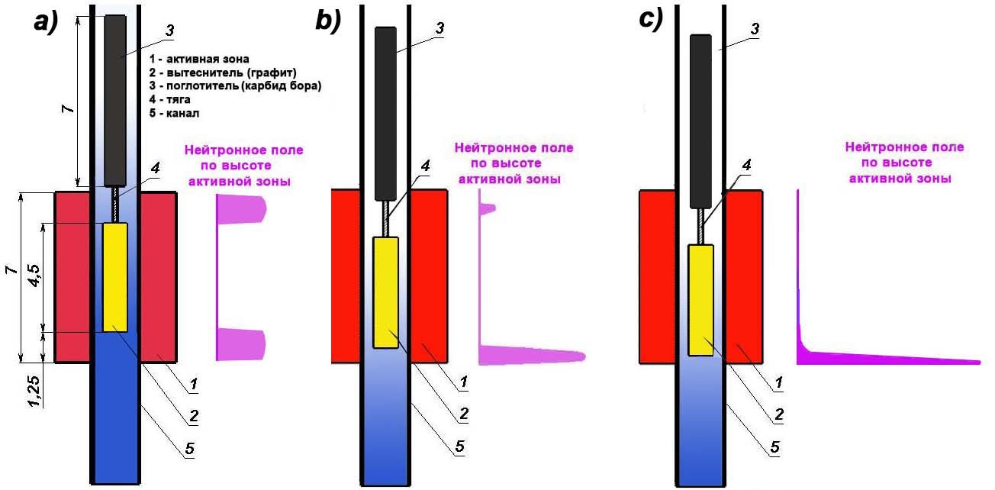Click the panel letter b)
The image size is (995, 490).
pyautogui.click(x=328, y=21)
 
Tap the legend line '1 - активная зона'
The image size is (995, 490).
pyautogui.click(x=199, y=59)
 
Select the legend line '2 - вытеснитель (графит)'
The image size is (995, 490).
pyautogui.click(x=223, y=73)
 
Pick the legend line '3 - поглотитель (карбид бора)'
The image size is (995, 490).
pyautogui.click(x=235, y=85)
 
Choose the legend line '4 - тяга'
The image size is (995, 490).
pyautogui.click(x=169, y=99)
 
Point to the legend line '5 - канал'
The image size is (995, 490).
pyautogui.click(x=174, y=113)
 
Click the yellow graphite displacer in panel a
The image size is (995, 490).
pyautogui.click(x=115, y=277)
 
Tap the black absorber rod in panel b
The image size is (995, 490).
pyautogui.click(x=385, y=114)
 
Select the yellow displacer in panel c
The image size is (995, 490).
pyautogui.click(x=701, y=300)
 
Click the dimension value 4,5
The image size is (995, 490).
pyautogui.click(x=34, y=276)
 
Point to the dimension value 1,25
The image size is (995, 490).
pyautogui.click(x=34, y=392)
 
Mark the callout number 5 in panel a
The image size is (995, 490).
pyautogui.click(x=190, y=448)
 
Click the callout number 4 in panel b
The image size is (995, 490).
pyautogui.click(x=425, y=166)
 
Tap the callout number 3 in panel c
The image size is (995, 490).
pyautogui.click(x=755, y=29)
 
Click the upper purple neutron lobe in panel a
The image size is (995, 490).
pyautogui.click(x=241, y=209)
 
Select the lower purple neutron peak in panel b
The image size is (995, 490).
pyautogui.click(x=532, y=356)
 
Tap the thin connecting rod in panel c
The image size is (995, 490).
pyautogui.click(x=701, y=227)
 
